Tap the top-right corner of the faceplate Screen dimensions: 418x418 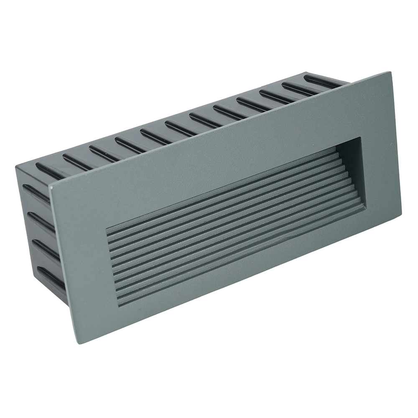point(390,73)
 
